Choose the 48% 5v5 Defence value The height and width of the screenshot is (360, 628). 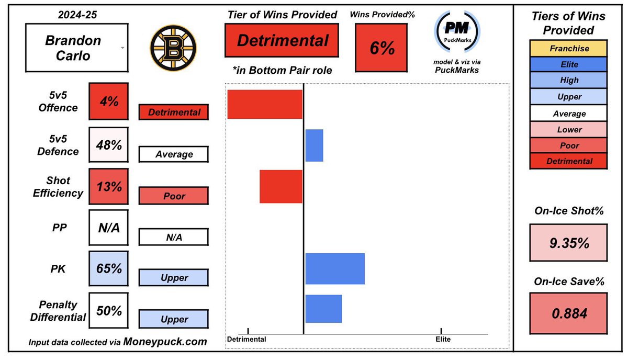(108, 144)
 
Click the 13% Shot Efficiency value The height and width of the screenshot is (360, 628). (108, 186)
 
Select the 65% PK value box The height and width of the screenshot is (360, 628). (108, 268)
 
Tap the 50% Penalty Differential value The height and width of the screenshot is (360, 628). (108, 310)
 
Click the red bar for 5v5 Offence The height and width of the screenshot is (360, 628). (265, 104)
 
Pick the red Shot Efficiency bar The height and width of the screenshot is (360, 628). (281, 186)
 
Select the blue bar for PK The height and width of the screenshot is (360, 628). (335, 268)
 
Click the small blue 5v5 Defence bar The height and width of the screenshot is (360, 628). (314, 145)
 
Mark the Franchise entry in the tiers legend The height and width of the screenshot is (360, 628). (569, 49)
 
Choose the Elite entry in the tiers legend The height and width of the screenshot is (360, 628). (569, 64)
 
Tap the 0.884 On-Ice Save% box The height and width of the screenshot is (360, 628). (569, 313)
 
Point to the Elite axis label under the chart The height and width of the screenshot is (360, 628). (442, 339)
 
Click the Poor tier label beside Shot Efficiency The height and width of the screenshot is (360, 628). (173, 196)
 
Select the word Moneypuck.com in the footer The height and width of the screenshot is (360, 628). (165, 342)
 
